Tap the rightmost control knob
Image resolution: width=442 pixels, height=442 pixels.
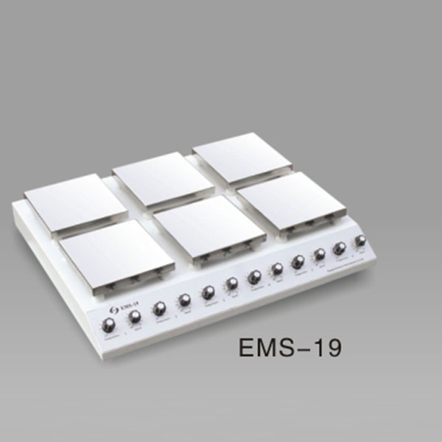(360, 241)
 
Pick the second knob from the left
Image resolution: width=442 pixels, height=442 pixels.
(135, 318)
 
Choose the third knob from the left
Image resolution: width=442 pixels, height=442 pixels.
(159, 308)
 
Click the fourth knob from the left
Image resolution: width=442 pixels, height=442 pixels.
(184, 300)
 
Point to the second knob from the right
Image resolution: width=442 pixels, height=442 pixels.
(340, 248)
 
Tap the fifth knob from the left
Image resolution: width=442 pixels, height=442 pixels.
(208, 292)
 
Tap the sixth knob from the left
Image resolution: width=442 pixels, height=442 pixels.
(232, 284)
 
